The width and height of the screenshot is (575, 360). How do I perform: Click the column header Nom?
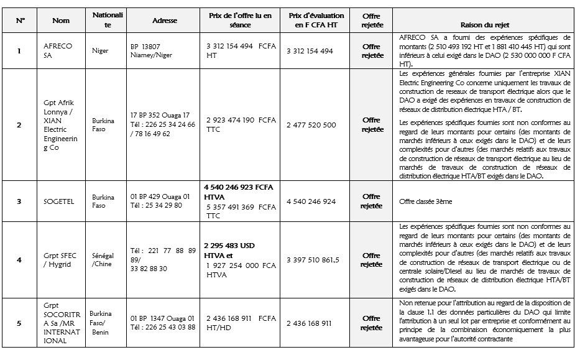(61, 21)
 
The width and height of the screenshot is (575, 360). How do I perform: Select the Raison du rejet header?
(485, 25)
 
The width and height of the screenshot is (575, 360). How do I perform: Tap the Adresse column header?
(165, 21)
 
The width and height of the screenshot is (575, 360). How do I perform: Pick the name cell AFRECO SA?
(58, 50)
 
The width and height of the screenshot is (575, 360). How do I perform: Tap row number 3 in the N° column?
(19, 201)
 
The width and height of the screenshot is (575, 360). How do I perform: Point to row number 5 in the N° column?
(19, 323)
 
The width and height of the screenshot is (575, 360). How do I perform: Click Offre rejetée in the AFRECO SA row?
(371, 50)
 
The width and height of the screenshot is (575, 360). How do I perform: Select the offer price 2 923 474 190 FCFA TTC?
(241, 124)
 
